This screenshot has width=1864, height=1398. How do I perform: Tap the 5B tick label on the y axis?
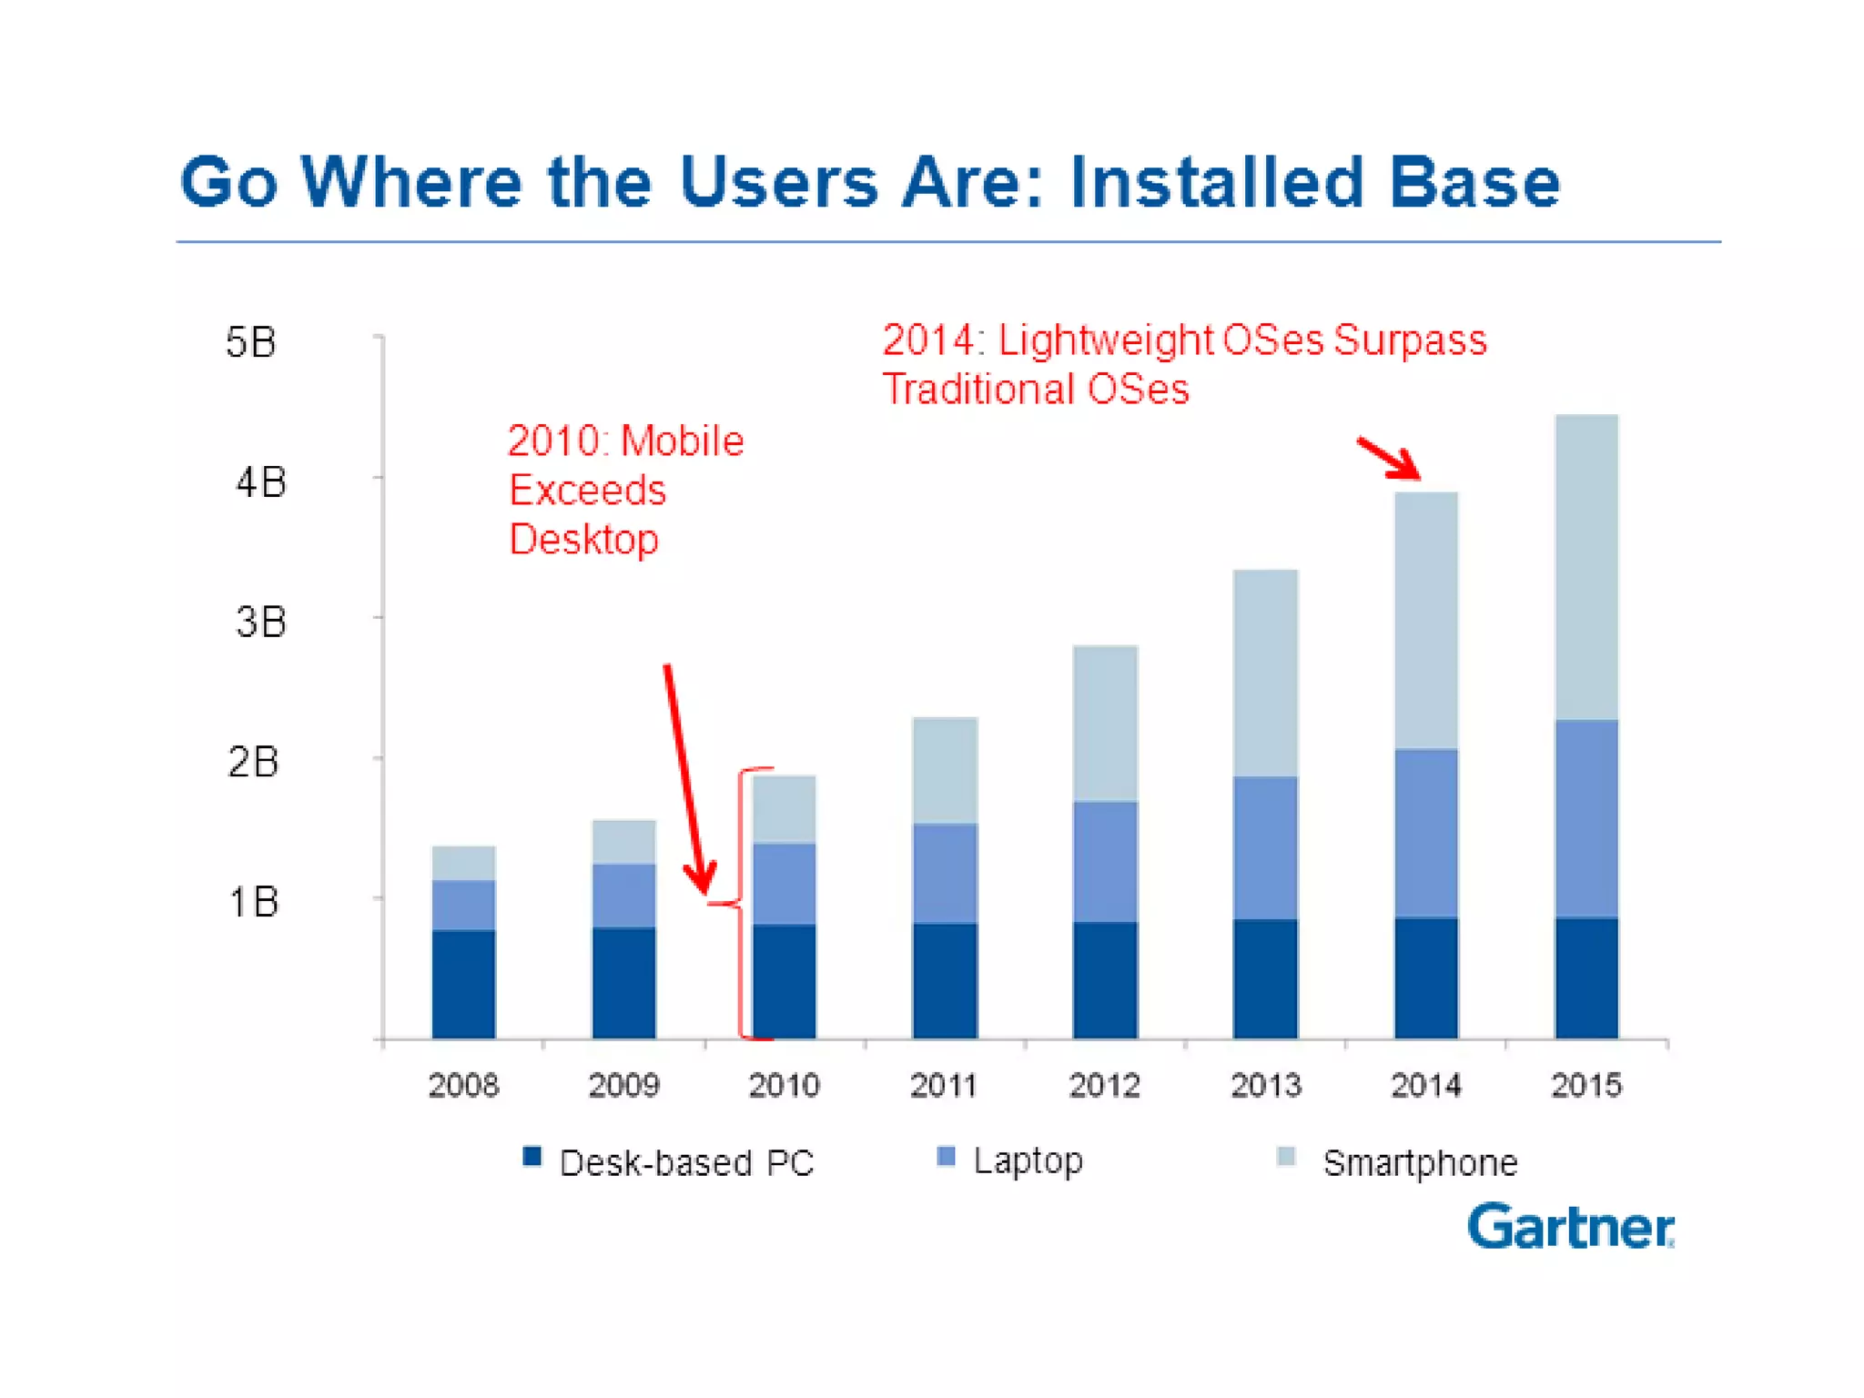[250, 343]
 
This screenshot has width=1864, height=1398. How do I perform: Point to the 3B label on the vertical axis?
[260, 623]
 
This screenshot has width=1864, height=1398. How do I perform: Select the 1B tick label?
[253, 902]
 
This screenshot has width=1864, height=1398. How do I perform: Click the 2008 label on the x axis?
[463, 1085]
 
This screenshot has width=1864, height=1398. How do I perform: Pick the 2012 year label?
[1104, 1085]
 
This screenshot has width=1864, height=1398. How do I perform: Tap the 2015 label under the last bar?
[1586, 1085]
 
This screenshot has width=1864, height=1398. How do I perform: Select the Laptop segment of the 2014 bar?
[1426, 833]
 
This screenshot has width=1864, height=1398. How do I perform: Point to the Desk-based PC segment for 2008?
[463, 984]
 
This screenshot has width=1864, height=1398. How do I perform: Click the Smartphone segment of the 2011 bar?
[945, 770]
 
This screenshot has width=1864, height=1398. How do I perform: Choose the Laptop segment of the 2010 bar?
[784, 884]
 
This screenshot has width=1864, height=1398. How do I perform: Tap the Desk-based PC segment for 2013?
[1265, 978]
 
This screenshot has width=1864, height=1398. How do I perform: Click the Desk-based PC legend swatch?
[532, 1157]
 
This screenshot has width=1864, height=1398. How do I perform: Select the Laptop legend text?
[1028, 1160]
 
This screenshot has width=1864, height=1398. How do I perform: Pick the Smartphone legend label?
[1420, 1163]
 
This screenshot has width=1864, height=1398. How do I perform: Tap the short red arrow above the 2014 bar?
[1389, 458]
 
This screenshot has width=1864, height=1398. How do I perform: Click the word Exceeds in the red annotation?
[587, 491]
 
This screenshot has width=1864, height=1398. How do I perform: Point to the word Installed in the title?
[1217, 182]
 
